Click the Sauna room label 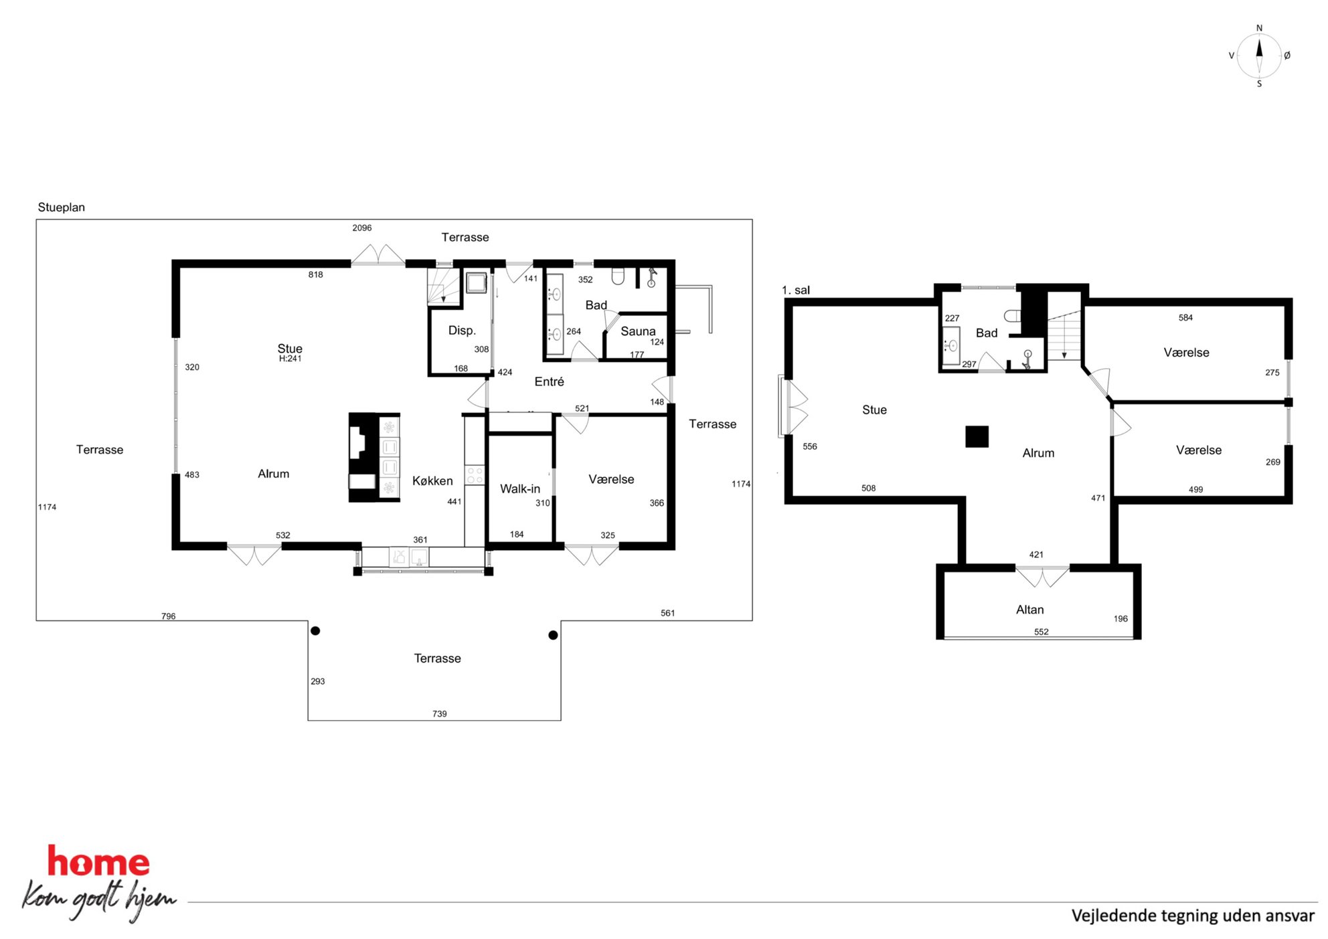point(638,331)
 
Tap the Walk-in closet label point(520,489)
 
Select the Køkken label point(432,481)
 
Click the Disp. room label point(462,331)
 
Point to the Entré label point(549,381)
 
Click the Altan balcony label point(1029,610)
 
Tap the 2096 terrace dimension point(362,228)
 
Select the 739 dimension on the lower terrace point(440,714)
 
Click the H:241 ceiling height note point(290,359)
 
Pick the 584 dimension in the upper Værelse point(1185,318)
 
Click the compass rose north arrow point(1259,49)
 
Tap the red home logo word point(98,861)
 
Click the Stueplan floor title point(62,207)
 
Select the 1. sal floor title point(796,290)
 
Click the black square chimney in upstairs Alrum point(977,436)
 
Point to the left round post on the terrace point(315,630)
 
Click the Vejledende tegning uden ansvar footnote point(1193,916)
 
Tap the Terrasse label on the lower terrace point(438,659)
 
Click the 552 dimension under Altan point(1042,632)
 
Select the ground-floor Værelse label point(611,479)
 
